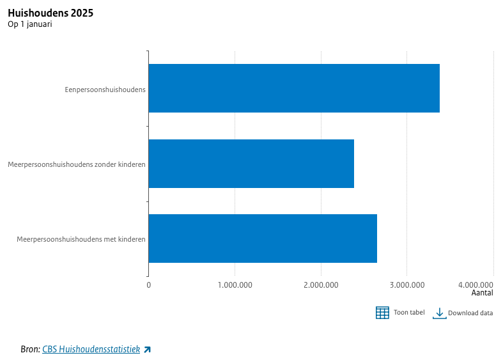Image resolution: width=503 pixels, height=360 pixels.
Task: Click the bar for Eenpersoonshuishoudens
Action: click(x=294, y=88)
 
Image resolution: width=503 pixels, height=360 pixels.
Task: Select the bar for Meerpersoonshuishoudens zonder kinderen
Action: click(x=251, y=164)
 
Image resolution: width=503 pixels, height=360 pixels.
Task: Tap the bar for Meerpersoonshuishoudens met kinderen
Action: click(x=263, y=239)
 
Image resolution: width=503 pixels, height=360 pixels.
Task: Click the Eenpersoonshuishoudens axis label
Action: click(x=105, y=89)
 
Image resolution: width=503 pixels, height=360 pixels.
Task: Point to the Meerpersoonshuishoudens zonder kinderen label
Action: click(x=77, y=164)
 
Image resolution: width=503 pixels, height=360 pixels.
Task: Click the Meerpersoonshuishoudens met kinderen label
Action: click(x=81, y=239)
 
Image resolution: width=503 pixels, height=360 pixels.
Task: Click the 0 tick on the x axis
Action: click(x=149, y=285)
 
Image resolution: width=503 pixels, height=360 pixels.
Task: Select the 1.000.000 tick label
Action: click(x=235, y=285)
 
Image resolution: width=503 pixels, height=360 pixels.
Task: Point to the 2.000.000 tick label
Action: click(x=321, y=285)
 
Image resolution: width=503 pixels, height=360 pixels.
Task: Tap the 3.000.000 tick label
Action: click(x=407, y=285)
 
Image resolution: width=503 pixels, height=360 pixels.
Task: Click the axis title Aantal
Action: click(x=482, y=293)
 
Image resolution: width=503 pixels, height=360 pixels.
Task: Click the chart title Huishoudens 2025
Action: click(x=50, y=13)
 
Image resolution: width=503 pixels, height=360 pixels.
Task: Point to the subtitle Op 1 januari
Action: click(x=30, y=24)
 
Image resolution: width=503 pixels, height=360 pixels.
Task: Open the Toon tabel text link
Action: click(x=409, y=313)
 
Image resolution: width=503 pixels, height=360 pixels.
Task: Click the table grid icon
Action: click(x=382, y=313)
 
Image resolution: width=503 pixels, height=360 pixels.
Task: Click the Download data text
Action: click(x=470, y=313)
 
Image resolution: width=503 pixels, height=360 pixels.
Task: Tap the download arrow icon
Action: click(x=439, y=313)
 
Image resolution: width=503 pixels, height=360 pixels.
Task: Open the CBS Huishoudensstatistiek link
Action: click(x=91, y=349)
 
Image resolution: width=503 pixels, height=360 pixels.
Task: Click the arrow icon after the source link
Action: click(x=147, y=349)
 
